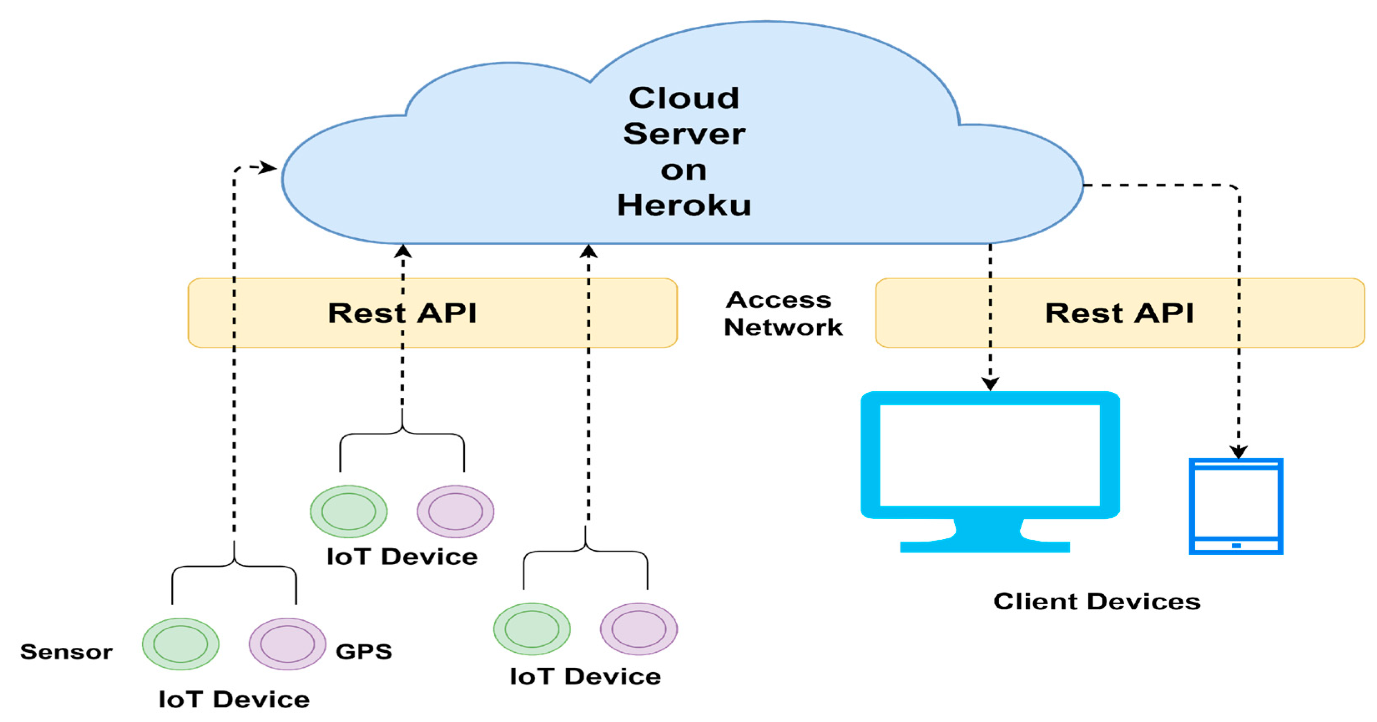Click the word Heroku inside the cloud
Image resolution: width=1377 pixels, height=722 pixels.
(684, 205)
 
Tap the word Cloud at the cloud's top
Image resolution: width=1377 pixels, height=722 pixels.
(684, 98)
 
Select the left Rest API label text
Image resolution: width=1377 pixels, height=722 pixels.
(402, 313)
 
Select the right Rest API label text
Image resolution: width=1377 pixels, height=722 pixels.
(1119, 313)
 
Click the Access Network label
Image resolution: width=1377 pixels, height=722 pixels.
(782, 314)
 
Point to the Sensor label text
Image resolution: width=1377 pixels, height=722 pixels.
(66, 651)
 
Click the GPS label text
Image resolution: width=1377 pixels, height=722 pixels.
(363, 651)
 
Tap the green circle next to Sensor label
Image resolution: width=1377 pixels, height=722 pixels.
(181, 644)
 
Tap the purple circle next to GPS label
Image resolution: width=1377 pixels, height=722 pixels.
(287, 644)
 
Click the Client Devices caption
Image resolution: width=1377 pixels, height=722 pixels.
(1097, 601)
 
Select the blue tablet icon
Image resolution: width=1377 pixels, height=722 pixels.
(1236, 505)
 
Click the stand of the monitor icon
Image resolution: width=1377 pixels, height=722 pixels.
(984, 538)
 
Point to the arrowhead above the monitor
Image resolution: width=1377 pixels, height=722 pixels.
(990, 384)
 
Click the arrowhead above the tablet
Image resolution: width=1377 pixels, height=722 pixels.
(1239, 452)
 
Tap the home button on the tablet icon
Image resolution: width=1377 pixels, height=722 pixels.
(1236, 545)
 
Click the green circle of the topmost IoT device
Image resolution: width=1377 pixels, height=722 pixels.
(349, 511)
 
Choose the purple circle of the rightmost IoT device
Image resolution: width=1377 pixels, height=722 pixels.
(639, 629)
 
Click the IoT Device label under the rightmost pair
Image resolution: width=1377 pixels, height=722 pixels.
(585, 677)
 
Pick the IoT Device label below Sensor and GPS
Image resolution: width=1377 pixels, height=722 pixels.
(234, 699)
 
